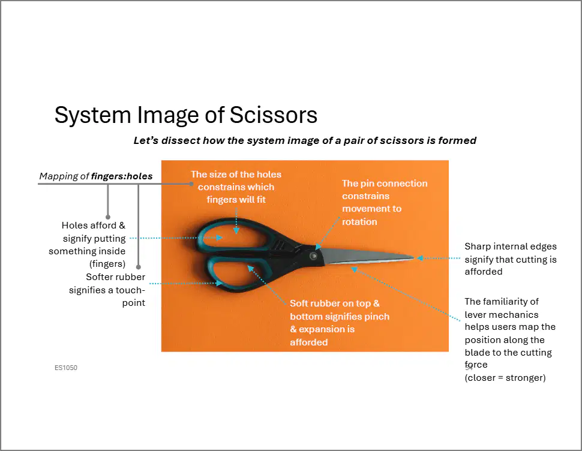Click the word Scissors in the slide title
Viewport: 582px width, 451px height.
pyautogui.click(x=274, y=115)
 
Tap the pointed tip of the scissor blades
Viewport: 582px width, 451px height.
pyautogui.click(x=413, y=257)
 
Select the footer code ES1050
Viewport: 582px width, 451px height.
pyautogui.click(x=66, y=368)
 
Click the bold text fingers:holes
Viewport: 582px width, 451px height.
pyautogui.click(x=122, y=176)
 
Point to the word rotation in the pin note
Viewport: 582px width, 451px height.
pyautogui.click(x=359, y=222)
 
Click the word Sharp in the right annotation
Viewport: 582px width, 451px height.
pyautogui.click(x=477, y=246)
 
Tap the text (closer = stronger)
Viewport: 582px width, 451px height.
pyautogui.click(x=505, y=378)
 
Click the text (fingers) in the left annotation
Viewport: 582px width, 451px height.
pyautogui.click(x=107, y=264)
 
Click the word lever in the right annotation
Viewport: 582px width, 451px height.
pyautogui.click(x=475, y=314)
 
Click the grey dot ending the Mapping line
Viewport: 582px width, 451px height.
pyautogui.click(x=191, y=184)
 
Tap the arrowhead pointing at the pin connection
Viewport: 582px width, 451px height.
pyautogui.click(x=318, y=246)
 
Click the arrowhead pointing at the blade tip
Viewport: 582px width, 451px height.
pyautogui.click(x=420, y=258)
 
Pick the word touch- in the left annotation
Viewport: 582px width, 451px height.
pyautogui.click(x=130, y=290)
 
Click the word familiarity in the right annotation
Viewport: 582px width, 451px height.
pyautogui.click(x=511, y=302)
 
